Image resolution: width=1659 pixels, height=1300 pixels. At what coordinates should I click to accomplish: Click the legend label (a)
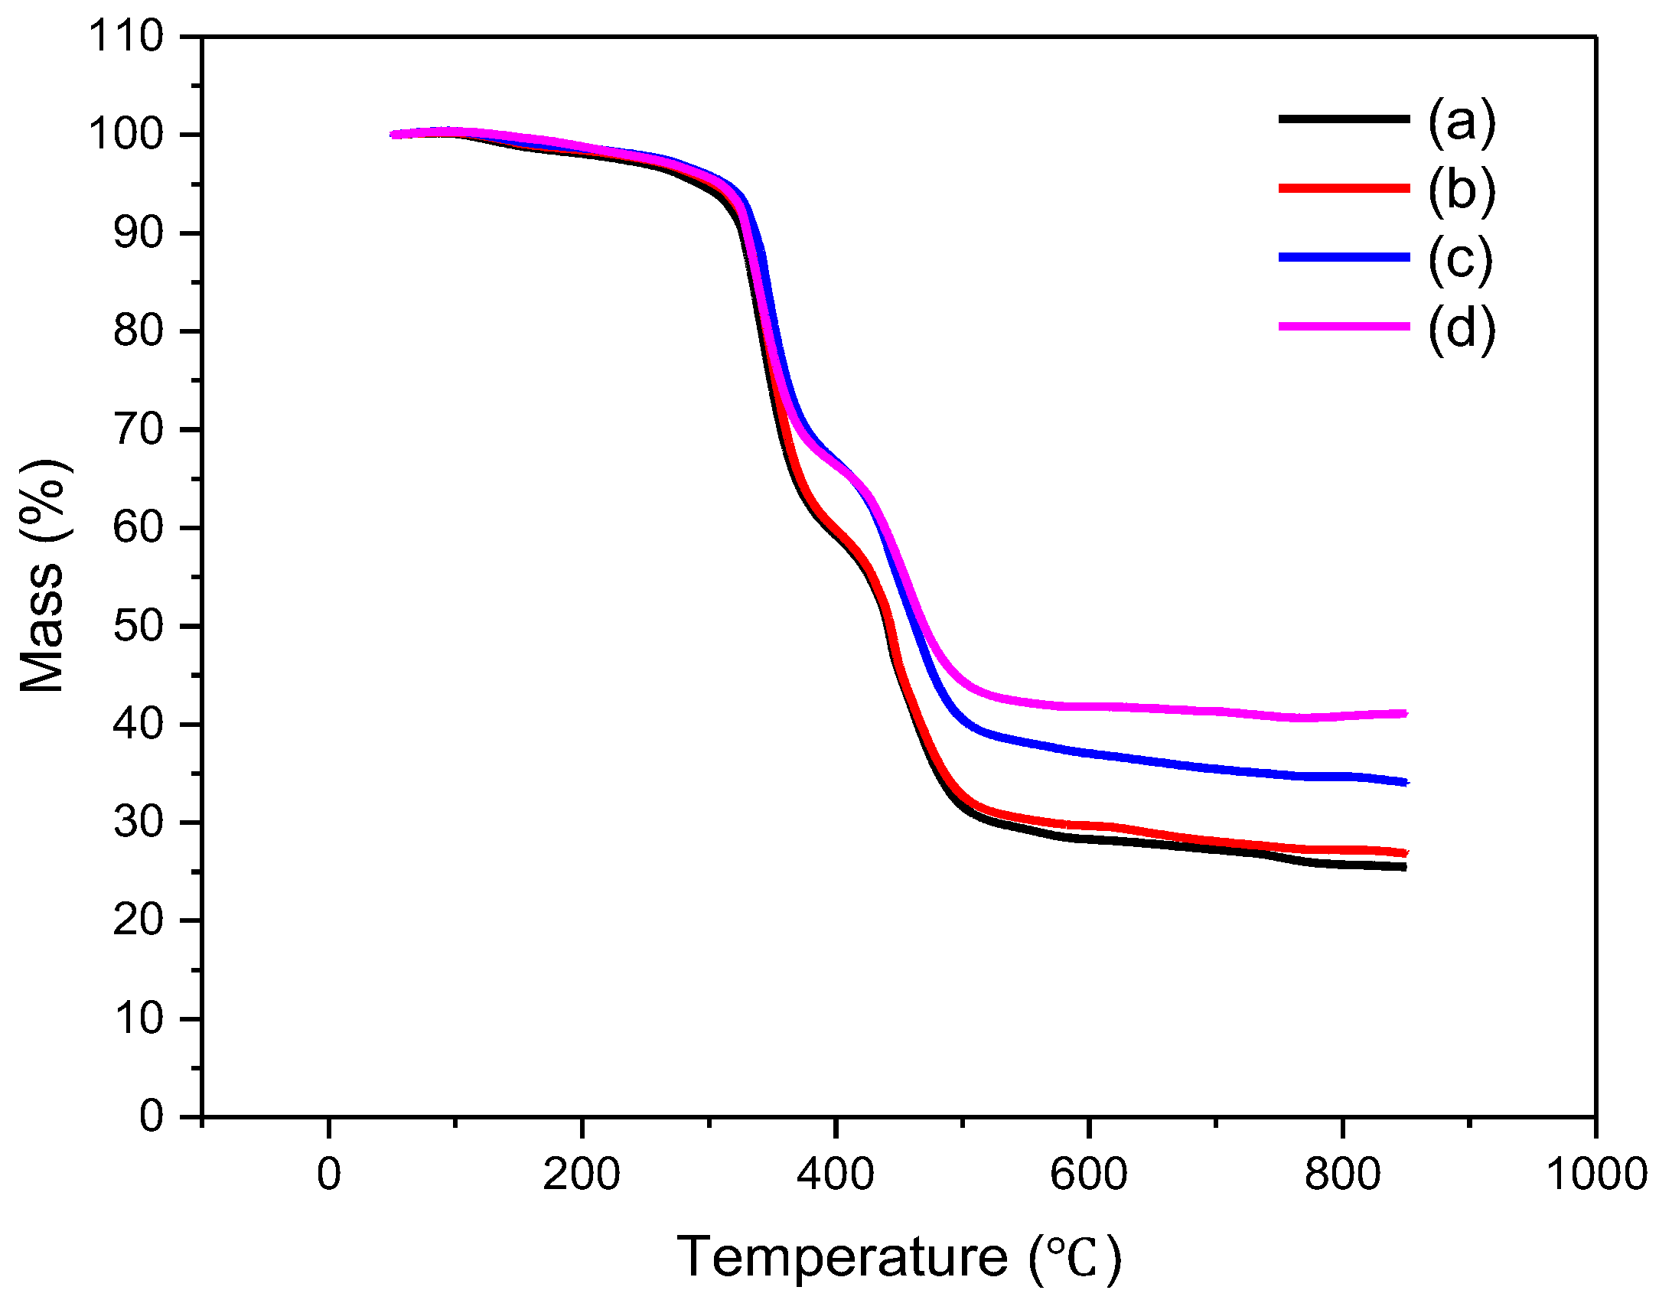pyautogui.click(x=1461, y=121)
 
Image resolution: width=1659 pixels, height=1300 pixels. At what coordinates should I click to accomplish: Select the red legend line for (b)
pyautogui.click(x=1344, y=188)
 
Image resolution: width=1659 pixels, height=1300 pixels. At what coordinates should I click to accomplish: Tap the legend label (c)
pyautogui.click(x=1459, y=259)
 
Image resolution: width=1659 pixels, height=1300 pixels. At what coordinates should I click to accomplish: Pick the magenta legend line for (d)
pyautogui.click(x=1344, y=327)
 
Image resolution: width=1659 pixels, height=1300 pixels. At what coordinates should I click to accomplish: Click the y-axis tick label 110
pyautogui.click(x=126, y=36)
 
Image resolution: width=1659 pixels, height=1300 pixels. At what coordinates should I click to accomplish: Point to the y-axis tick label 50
pyautogui.click(x=138, y=626)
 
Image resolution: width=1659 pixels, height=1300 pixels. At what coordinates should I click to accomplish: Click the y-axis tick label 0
pyautogui.click(x=151, y=1116)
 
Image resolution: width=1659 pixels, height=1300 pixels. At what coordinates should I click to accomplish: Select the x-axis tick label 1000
pyautogui.click(x=1596, y=1175)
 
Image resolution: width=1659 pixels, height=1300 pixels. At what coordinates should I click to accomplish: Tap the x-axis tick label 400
pyautogui.click(x=835, y=1175)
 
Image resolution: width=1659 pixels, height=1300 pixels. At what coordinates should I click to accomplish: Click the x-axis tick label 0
pyautogui.click(x=328, y=1175)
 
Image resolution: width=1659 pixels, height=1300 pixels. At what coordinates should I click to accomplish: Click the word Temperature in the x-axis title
pyautogui.click(x=843, y=1257)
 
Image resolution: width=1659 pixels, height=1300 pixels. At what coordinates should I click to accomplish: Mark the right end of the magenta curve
pyautogui.click(x=1405, y=714)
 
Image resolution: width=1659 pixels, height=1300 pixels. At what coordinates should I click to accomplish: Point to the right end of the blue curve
pyautogui.click(x=1405, y=782)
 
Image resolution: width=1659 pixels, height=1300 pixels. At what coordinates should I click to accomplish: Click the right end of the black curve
pyautogui.click(x=1404, y=867)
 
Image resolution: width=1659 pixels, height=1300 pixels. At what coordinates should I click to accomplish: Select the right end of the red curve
pyautogui.click(x=1405, y=853)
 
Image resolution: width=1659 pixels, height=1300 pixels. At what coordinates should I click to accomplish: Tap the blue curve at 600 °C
pyautogui.click(x=1088, y=754)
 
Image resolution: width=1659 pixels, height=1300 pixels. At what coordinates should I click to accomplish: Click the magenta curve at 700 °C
pyautogui.click(x=1215, y=711)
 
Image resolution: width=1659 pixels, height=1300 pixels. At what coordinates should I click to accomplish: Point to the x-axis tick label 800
pyautogui.click(x=1341, y=1175)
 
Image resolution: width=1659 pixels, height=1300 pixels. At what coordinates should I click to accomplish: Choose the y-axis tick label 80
pyautogui.click(x=138, y=331)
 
